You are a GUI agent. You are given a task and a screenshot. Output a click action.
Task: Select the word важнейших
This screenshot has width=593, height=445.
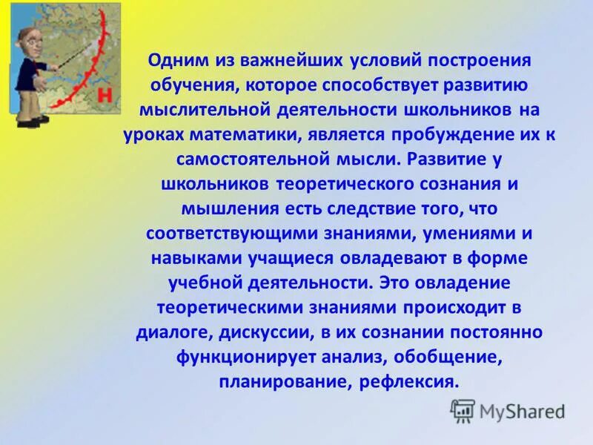[280, 60]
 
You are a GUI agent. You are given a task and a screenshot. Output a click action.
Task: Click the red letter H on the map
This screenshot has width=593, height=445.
[105, 95]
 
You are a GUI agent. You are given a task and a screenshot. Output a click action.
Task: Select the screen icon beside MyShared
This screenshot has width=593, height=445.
[463, 410]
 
